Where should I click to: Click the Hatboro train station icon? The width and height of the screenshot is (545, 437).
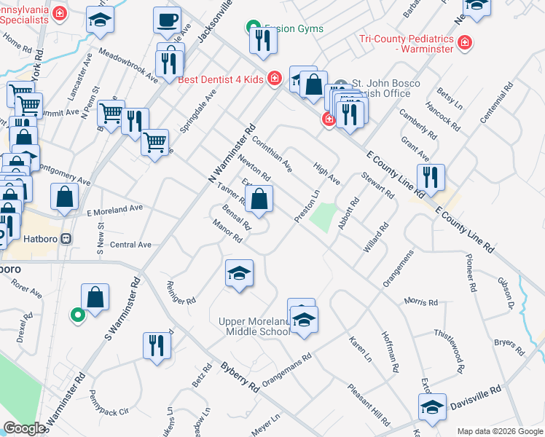66,238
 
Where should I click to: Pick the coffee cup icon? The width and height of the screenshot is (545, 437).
167,20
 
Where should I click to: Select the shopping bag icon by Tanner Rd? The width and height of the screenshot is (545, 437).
259,197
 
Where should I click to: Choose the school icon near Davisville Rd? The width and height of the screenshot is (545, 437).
432,407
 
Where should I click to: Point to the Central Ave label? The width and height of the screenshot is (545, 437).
130,245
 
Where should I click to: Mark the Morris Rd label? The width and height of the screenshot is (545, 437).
423,302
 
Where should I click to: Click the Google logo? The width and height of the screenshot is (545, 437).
24,428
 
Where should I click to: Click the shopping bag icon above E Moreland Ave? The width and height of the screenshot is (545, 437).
65,196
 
